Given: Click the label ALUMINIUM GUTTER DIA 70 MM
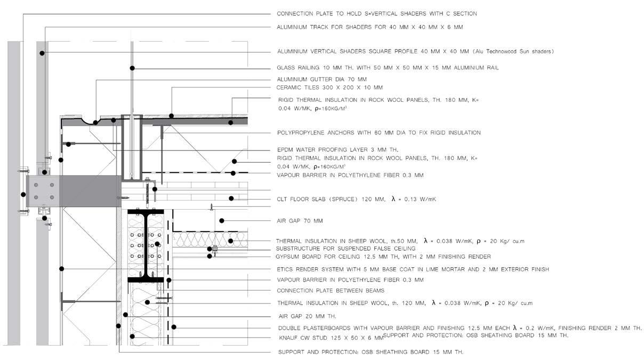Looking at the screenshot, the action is click(x=322, y=79).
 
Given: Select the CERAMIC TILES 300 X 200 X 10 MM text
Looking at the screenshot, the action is click(x=329, y=87).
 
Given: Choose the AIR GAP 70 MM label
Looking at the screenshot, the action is click(x=300, y=221).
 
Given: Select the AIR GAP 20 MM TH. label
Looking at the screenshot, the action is click(x=306, y=316).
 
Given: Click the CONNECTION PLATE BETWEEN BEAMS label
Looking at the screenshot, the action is click(x=331, y=291).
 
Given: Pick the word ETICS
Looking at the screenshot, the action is click(x=286, y=269).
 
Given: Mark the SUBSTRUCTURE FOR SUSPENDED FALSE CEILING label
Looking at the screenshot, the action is click(x=345, y=249).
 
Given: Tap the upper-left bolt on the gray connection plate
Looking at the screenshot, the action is click(x=36, y=185).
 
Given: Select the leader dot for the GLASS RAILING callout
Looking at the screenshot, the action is click(x=132, y=68).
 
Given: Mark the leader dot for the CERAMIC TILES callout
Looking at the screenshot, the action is click(x=171, y=116).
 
